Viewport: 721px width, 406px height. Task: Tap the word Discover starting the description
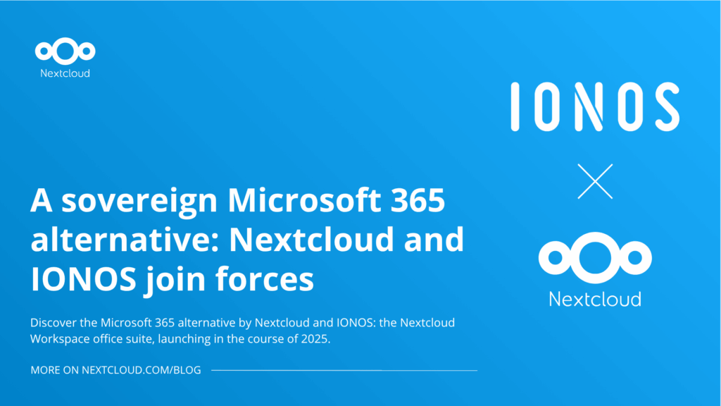54,323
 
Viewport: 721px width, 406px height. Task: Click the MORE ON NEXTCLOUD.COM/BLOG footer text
116,371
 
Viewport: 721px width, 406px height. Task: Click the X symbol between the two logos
594,182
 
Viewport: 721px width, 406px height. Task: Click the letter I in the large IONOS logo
515,106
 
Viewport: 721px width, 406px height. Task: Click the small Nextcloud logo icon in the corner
65,51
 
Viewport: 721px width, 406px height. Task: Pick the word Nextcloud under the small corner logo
65,73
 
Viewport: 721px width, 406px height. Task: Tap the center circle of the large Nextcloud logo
594,257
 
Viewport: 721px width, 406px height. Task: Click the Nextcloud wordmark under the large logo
594,299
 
